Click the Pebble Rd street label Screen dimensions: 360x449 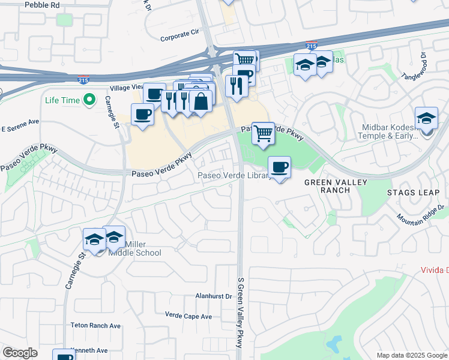42,4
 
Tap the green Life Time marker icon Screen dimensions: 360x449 90,100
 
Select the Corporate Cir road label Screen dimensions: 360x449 179,37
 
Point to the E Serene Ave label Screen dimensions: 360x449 20,128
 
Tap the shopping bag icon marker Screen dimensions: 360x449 200,101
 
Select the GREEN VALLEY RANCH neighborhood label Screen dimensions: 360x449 327,186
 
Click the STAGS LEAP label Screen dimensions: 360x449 414,193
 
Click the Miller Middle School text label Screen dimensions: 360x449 134,248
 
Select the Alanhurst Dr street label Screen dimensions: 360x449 214,296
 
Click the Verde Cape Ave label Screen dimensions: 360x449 188,316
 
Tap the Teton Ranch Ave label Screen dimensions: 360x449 96,326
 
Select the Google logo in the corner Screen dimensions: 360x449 20,353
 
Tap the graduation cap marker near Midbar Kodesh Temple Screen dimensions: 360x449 426,118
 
